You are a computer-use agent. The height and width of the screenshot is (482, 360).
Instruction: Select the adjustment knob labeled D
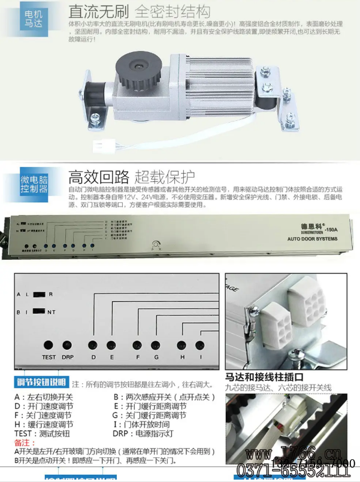(93, 345)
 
